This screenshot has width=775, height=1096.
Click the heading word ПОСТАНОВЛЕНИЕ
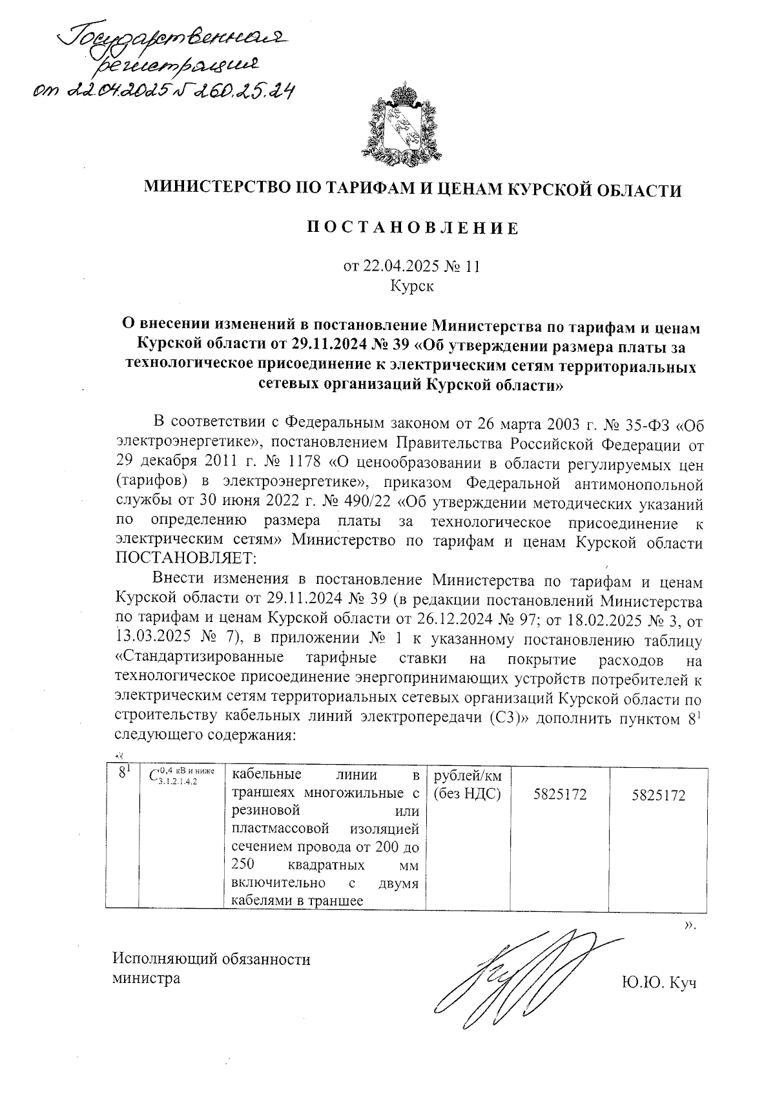pyautogui.click(x=412, y=229)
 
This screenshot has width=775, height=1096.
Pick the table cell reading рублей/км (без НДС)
pyautogui.click(x=468, y=785)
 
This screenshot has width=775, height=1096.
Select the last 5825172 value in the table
pyautogui.click(x=659, y=795)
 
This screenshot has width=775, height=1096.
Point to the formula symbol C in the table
pyautogui.click(x=154, y=776)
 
